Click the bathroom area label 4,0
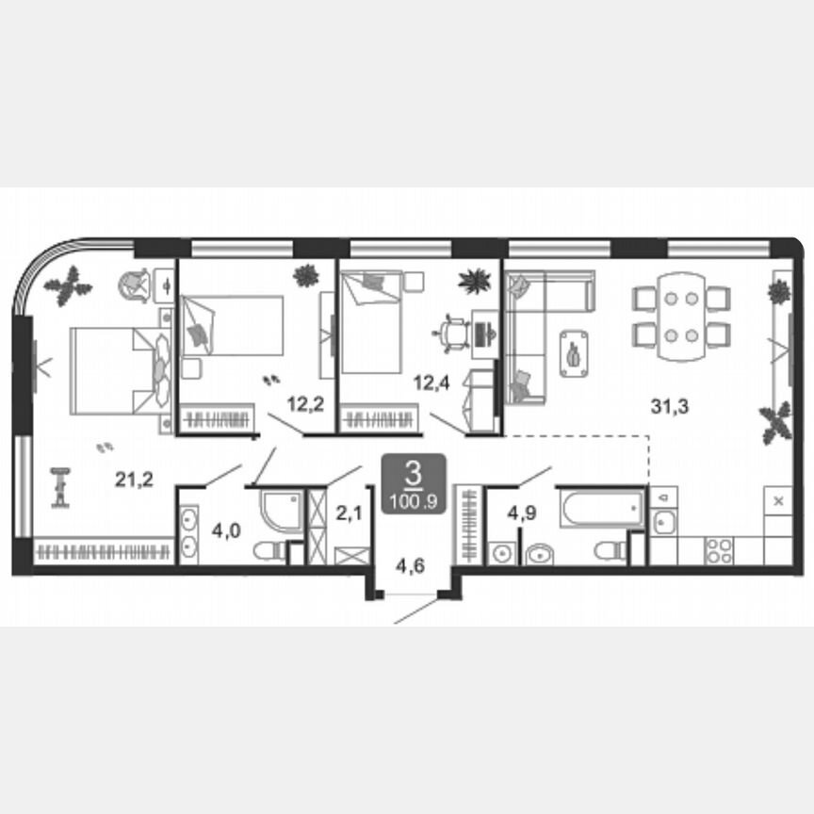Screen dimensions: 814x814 225,530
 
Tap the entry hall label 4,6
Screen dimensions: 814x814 408,566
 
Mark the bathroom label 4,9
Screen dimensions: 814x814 522,513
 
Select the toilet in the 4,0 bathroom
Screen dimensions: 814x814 270,551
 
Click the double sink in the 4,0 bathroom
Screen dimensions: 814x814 189,532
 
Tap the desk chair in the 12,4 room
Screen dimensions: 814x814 453,331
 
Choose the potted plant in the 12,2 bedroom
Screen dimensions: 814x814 306,275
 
